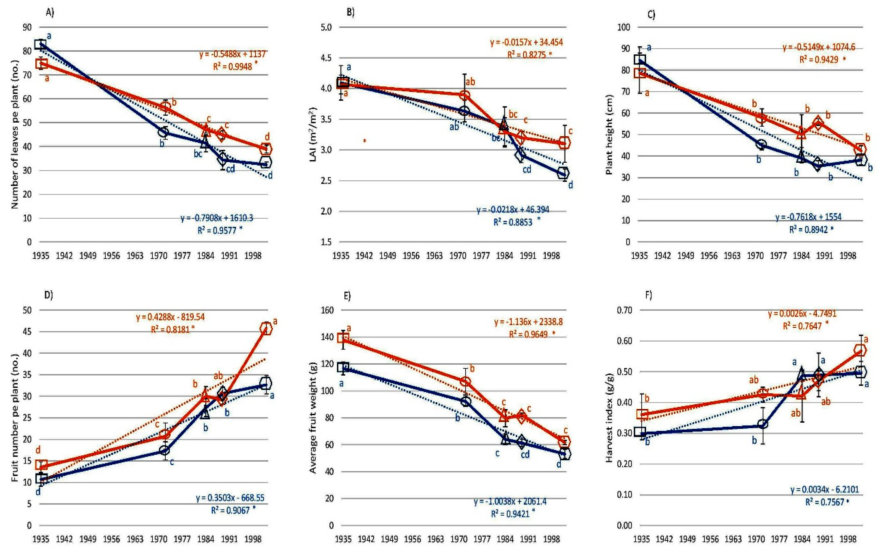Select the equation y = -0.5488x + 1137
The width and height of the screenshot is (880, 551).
232,54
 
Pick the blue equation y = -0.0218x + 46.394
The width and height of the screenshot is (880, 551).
513,210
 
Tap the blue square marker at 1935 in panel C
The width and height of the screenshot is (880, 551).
640,59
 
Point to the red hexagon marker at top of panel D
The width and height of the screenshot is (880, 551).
266,329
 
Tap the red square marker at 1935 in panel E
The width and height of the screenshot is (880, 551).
343,338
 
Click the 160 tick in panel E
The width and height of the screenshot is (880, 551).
327,310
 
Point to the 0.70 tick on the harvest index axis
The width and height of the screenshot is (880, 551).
624,310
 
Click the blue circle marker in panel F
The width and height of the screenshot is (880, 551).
763,424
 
